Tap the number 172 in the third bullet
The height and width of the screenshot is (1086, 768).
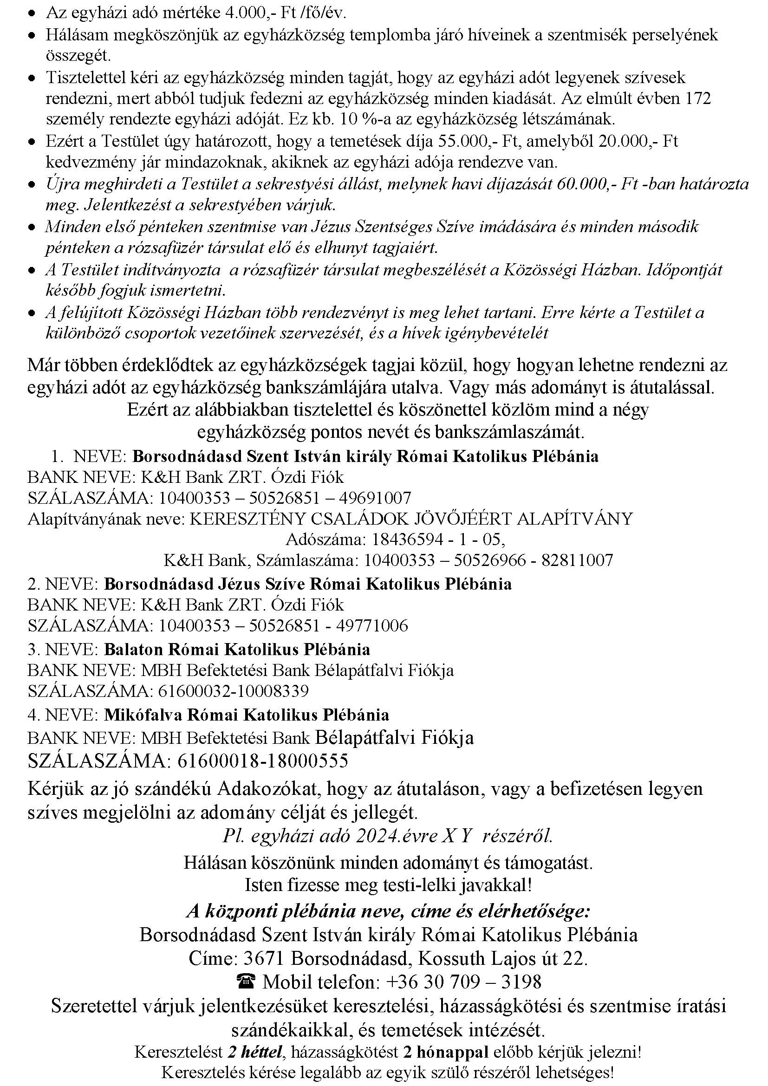tap(695, 98)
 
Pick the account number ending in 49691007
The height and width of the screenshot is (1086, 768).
tap(285, 498)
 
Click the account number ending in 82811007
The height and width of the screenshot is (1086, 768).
tap(488, 560)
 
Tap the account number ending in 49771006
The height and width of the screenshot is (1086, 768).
tap(283, 626)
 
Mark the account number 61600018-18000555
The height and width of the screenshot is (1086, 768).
tap(262, 761)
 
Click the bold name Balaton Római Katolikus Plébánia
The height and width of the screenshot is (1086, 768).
tap(237, 649)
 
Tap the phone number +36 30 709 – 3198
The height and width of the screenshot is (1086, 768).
tap(463, 982)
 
